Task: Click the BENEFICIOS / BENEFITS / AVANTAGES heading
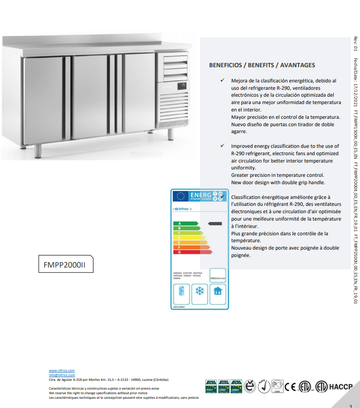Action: pyautogui.click(x=262, y=65)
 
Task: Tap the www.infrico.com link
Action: pyautogui.click(x=62, y=370)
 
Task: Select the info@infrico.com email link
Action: pyautogui.click(x=62, y=375)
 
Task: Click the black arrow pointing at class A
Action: pyautogui.click(x=215, y=223)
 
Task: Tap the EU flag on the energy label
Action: pyautogui.click(x=181, y=196)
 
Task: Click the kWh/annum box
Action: pyautogui.click(x=218, y=275)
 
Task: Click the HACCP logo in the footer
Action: pyautogui.click(x=341, y=386)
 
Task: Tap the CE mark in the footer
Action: pyautogui.click(x=290, y=386)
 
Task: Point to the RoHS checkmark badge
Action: pyautogui.click(x=264, y=386)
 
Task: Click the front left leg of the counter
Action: pyautogui.click(x=38, y=150)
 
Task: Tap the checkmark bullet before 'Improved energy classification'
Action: pyautogui.click(x=222, y=146)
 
